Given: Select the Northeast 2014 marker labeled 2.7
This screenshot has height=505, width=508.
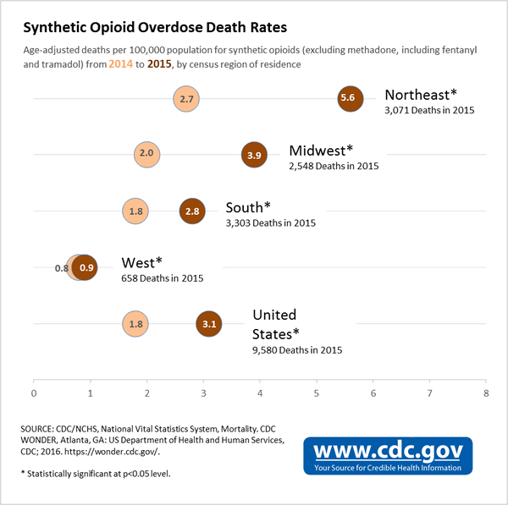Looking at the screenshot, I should (x=186, y=99).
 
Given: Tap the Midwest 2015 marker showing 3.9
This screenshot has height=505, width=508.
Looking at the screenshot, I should (x=254, y=155).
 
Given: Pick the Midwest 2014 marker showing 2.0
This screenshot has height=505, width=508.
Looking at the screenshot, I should (x=146, y=155).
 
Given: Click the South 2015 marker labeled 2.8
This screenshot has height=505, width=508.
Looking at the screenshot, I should (x=192, y=211).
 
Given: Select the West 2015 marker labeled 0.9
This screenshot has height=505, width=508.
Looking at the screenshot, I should (x=86, y=267).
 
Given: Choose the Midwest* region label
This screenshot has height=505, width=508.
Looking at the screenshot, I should (x=323, y=151).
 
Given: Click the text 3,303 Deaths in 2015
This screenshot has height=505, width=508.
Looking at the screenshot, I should (x=270, y=223).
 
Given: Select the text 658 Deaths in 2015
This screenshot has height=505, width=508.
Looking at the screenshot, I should (x=163, y=278).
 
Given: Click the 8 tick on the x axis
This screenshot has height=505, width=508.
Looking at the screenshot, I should (x=486, y=392).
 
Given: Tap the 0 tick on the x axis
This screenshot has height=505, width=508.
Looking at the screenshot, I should (x=34, y=392).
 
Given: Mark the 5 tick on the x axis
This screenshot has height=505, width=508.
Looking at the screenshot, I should (x=317, y=392).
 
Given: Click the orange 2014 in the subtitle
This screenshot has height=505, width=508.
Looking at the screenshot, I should (x=120, y=64).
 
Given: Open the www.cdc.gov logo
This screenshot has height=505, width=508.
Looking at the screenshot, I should (x=388, y=454).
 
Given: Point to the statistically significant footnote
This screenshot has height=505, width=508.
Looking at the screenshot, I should (x=95, y=474).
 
